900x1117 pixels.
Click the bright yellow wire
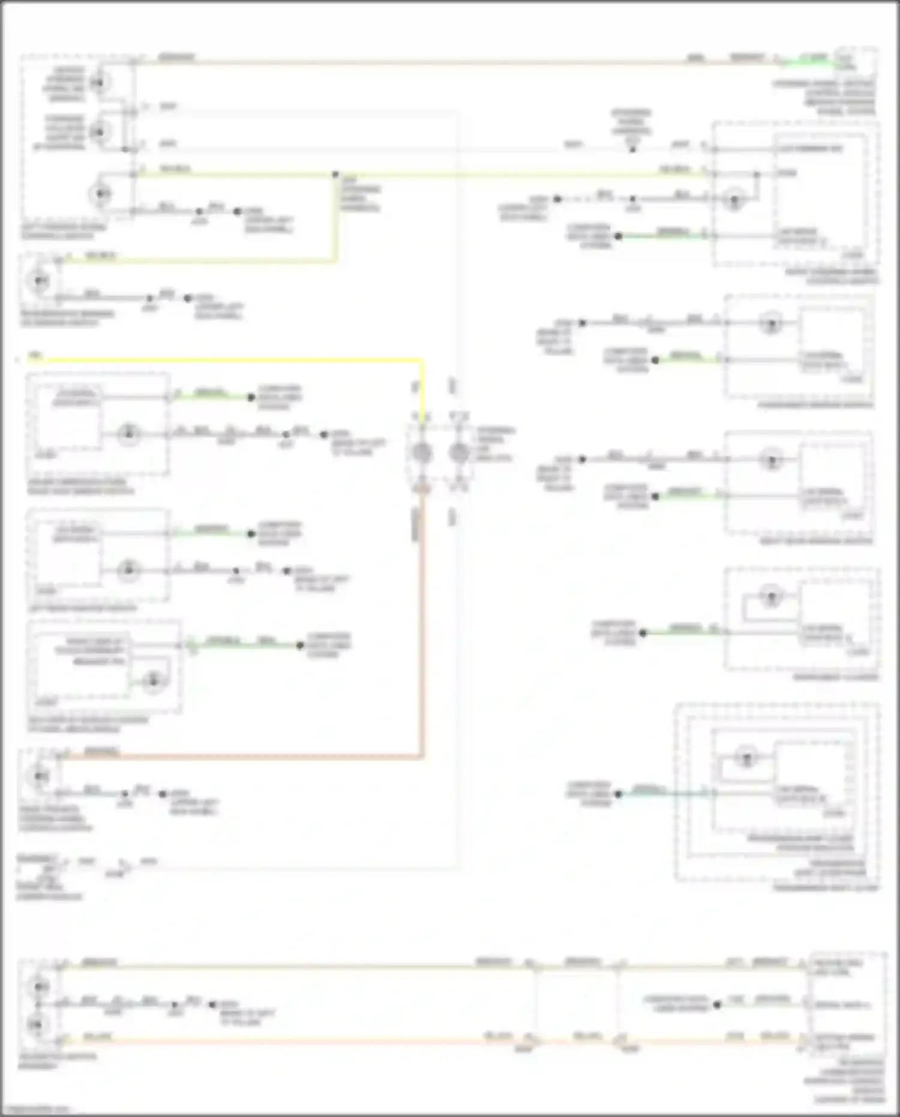228,360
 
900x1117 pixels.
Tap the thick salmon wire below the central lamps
422,630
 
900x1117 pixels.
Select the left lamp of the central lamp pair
422,454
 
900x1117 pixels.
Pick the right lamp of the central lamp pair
459,454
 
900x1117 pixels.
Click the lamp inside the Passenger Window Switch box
771,324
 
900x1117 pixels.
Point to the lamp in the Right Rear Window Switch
771,460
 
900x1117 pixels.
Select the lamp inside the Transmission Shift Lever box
746,757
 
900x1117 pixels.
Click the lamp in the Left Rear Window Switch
128,570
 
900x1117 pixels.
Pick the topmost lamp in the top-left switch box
100,82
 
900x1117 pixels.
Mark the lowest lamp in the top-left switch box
100,193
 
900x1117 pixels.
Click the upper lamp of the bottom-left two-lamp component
39,986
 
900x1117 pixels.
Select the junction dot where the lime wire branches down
335,175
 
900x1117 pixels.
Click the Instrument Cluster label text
835,678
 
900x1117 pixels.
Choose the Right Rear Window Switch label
816,541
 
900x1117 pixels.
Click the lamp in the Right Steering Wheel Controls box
733,199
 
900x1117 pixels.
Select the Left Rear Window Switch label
82,609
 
